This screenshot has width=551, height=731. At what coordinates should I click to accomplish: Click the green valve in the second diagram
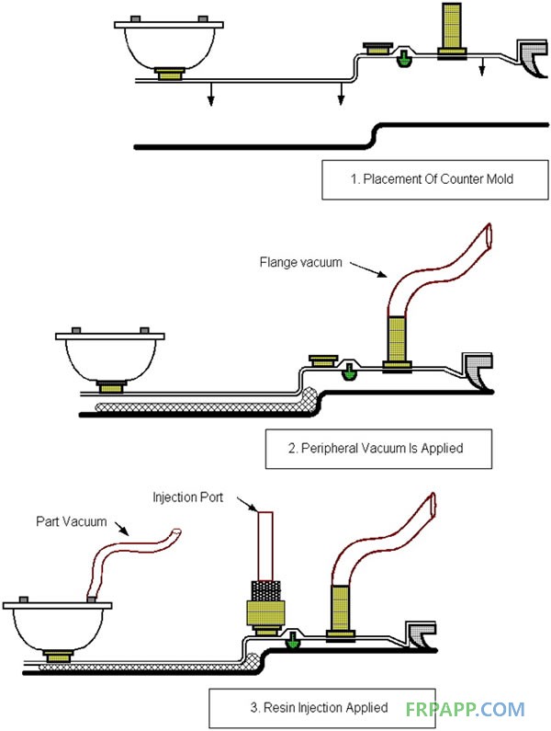tap(349, 371)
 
